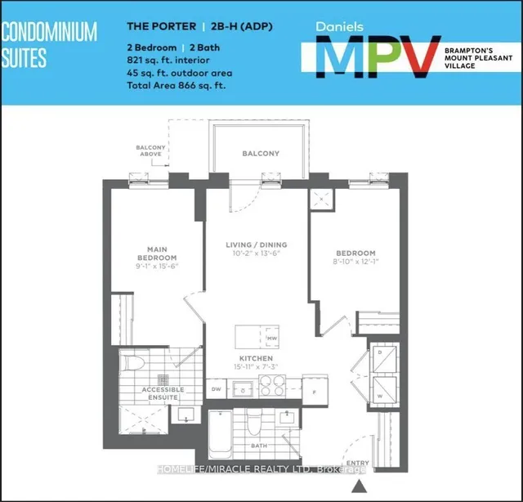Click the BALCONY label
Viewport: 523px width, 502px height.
(x=260, y=154)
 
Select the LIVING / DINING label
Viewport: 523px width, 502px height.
(x=257, y=244)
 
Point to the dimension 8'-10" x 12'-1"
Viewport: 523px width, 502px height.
(x=355, y=263)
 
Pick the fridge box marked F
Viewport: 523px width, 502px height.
(x=314, y=389)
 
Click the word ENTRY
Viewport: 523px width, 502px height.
(x=357, y=464)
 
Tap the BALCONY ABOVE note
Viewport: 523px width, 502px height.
(x=150, y=151)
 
